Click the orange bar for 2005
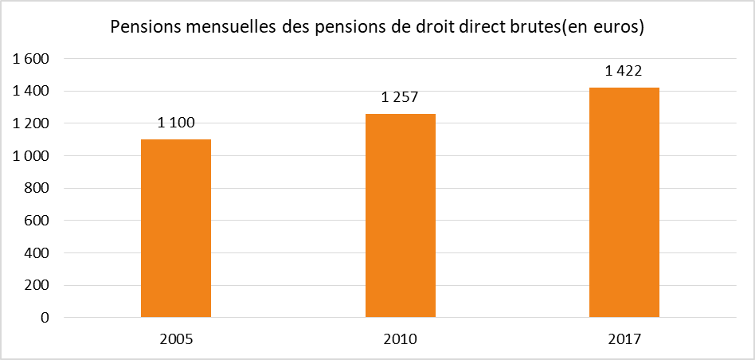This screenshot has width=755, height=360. point(176,229)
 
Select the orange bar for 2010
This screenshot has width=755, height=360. point(400,216)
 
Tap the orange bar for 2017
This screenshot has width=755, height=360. point(624,202)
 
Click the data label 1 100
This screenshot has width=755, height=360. point(176,123)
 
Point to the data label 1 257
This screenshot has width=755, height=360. point(400,97)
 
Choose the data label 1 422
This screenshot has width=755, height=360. point(624,71)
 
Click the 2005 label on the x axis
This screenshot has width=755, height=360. point(176,338)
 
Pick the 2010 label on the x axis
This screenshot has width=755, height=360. point(400,338)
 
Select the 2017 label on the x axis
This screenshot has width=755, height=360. point(624,338)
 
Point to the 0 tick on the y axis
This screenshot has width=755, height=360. point(45,318)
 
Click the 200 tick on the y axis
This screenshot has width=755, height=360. point(38,285)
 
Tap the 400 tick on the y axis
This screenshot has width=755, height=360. point(38,253)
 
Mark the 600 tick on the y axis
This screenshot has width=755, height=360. point(38,221)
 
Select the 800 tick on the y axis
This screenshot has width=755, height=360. point(38,189)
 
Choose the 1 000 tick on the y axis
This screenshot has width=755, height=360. point(33,156)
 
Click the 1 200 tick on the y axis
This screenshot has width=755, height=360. point(33,123)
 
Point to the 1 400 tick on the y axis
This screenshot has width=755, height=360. point(33,92)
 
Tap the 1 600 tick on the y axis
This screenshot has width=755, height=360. point(33,59)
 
